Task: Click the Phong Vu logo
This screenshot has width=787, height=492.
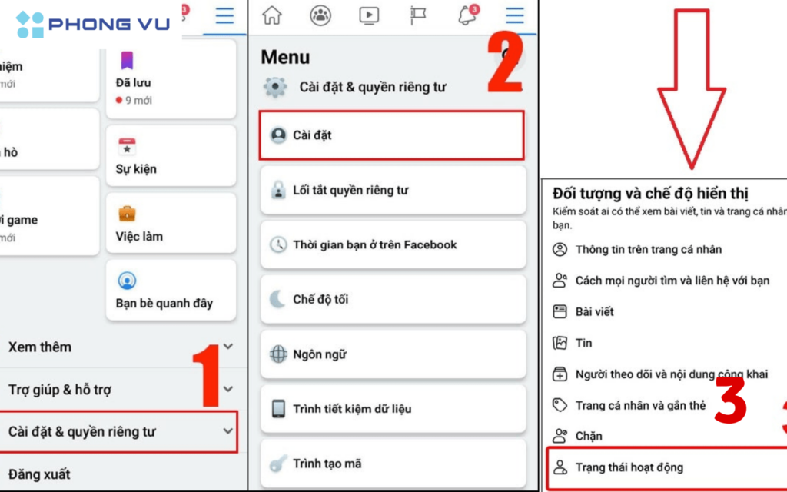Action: pyautogui.click(x=92, y=25)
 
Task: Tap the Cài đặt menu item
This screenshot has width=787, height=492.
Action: pyautogui.click(x=391, y=135)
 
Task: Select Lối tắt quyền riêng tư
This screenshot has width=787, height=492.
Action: pyautogui.click(x=393, y=191)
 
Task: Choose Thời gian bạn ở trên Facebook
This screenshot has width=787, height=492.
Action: pyautogui.click(x=393, y=245)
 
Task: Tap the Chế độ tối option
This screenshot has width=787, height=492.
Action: pyautogui.click(x=393, y=300)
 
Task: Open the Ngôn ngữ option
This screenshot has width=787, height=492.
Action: pyautogui.click(x=393, y=354)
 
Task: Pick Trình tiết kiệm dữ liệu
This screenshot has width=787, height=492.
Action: pyautogui.click(x=393, y=409)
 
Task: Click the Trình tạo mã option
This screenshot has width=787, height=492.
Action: pyautogui.click(x=393, y=464)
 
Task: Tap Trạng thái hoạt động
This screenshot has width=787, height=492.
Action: pyautogui.click(x=629, y=467)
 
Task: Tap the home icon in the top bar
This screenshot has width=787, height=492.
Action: pyautogui.click(x=272, y=15)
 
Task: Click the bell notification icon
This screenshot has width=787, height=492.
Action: pyautogui.click(x=467, y=15)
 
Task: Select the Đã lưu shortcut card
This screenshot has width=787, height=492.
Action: pyautogui.click(x=171, y=81)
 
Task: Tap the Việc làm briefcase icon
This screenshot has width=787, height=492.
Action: pyautogui.click(x=127, y=213)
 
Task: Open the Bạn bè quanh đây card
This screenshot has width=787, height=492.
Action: pyautogui.click(x=171, y=290)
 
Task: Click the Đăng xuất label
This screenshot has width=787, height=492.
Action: pyautogui.click(x=39, y=474)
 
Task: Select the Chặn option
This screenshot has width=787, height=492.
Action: pyautogui.click(x=589, y=436)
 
